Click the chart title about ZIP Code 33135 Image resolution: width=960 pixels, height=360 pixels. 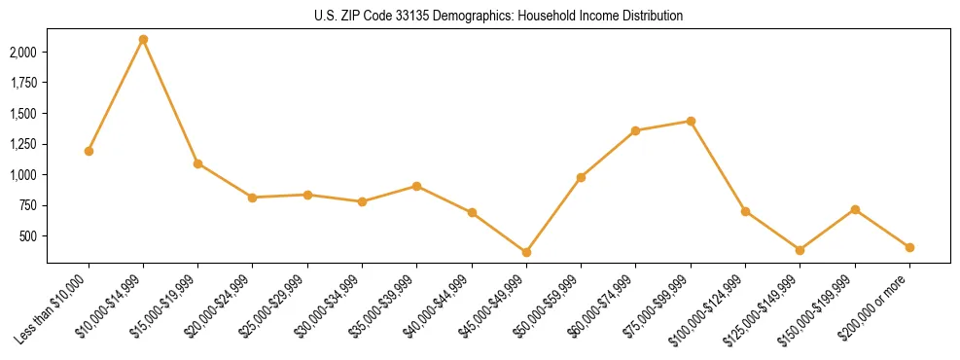coord(499,16)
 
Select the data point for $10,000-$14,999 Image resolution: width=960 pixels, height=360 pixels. coord(143,40)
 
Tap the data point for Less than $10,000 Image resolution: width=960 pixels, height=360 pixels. coord(89,151)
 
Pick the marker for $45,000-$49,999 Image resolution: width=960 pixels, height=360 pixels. coord(526,252)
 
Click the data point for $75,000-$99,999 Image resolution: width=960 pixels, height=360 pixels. coord(691,121)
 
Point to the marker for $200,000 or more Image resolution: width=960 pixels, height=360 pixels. coord(909,247)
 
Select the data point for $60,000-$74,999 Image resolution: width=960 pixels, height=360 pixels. coord(636,130)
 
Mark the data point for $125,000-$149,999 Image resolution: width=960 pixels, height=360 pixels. coord(800,250)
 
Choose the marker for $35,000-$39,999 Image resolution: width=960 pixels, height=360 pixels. coord(416,186)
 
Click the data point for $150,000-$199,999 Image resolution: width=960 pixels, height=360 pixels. coord(855,209)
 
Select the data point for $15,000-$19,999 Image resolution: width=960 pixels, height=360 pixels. coord(197,163)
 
